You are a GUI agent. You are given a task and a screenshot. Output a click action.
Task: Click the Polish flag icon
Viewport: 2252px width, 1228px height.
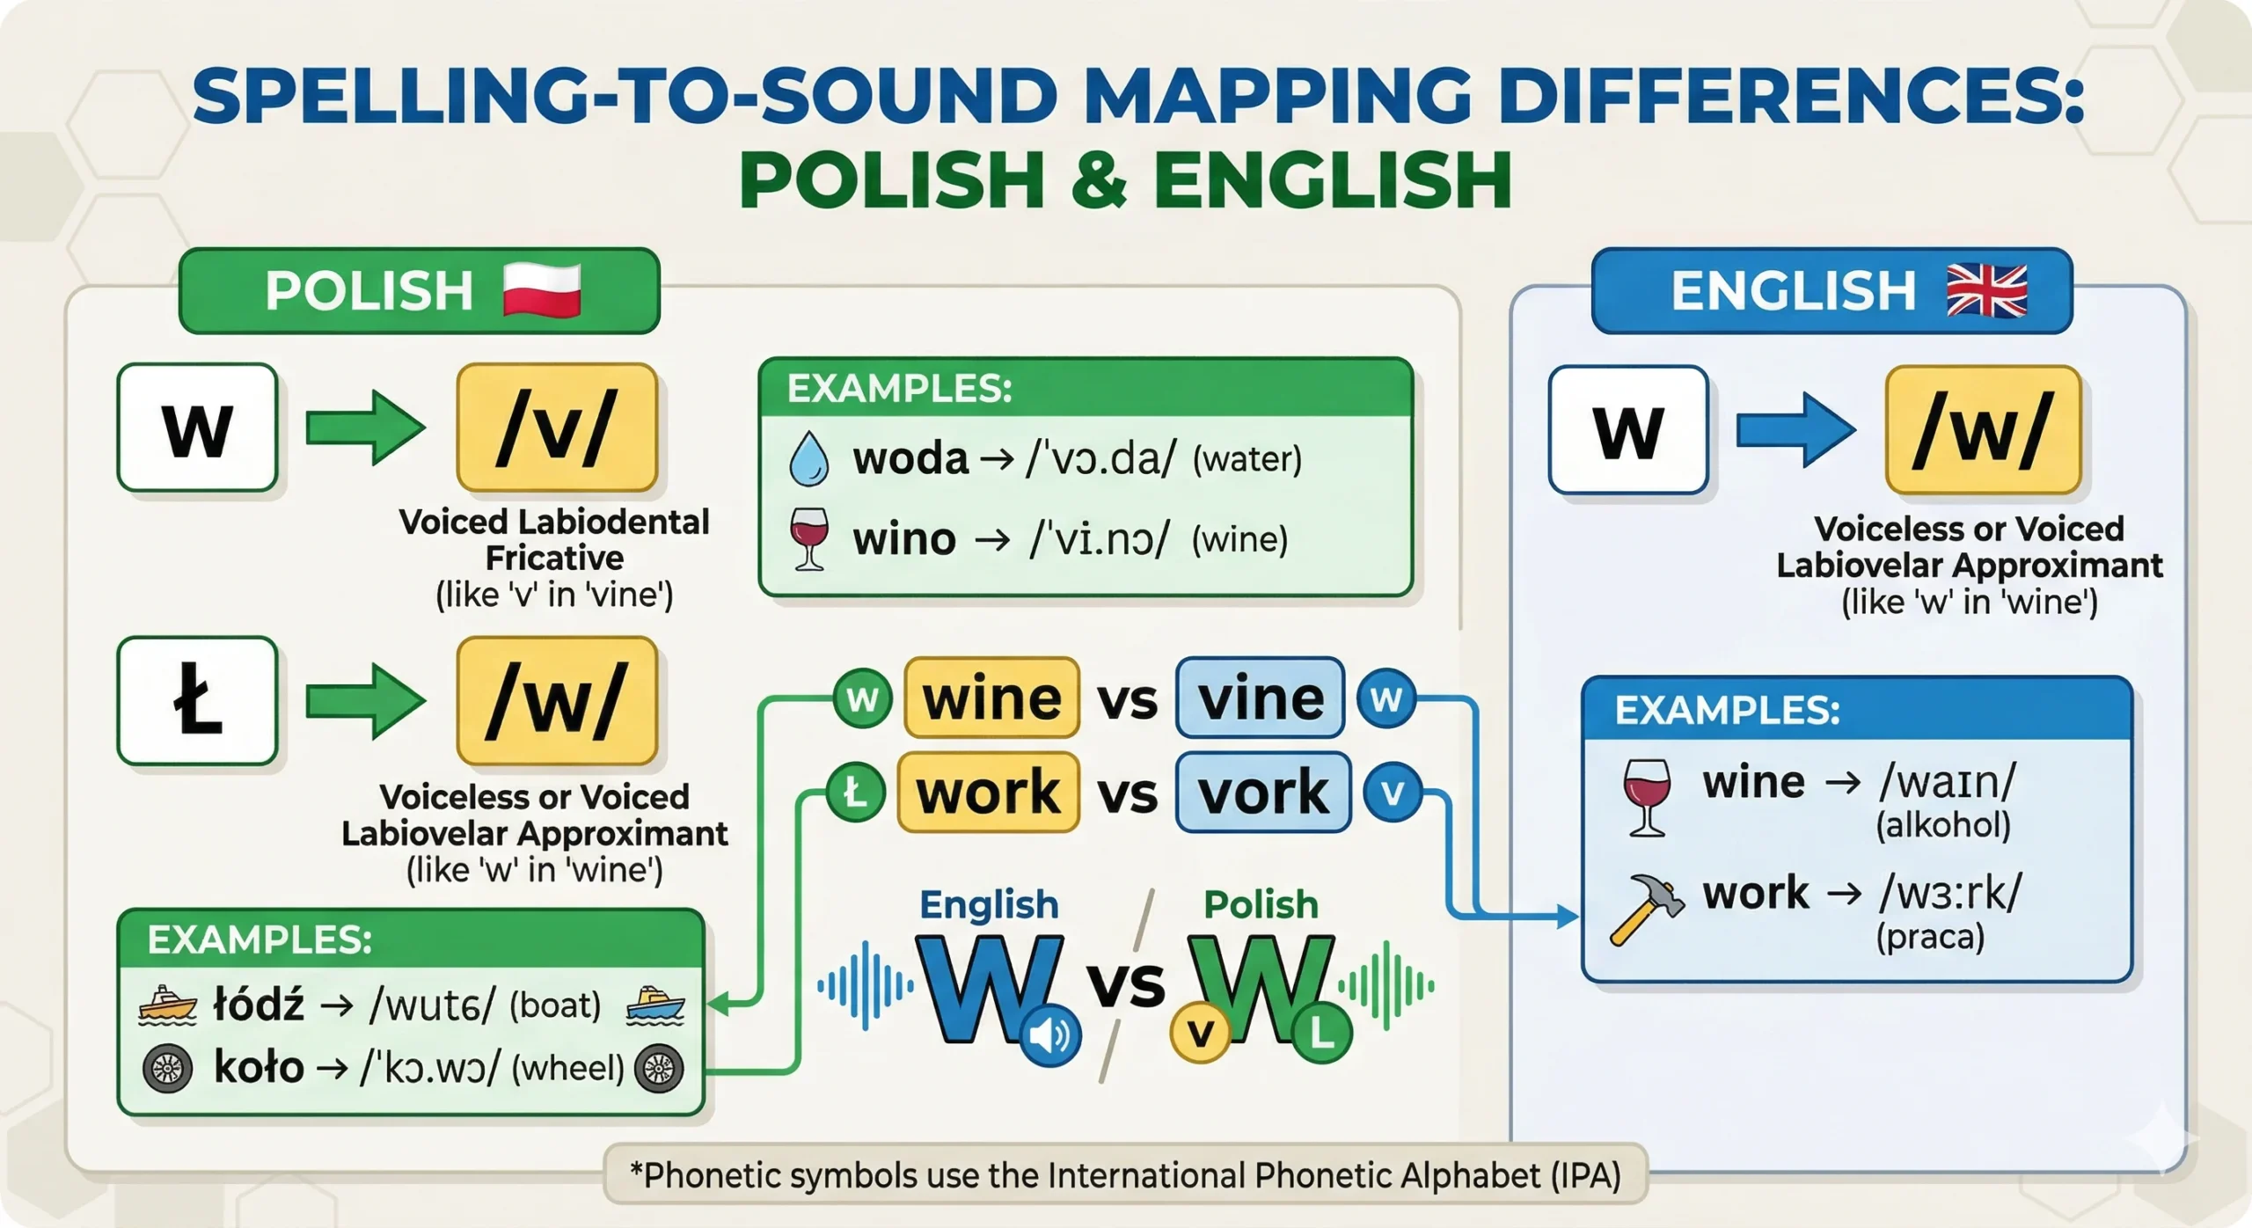542,290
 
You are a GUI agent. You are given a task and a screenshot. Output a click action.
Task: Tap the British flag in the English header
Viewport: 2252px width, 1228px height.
1987,290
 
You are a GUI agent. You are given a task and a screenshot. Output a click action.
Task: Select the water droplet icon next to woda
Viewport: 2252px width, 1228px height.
808,459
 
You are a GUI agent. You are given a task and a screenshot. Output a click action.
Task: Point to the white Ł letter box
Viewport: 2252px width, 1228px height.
198,701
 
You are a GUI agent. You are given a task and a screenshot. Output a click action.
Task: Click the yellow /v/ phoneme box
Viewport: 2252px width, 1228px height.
557,428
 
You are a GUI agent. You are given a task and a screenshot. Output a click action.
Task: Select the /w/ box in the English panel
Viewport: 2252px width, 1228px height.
1983,430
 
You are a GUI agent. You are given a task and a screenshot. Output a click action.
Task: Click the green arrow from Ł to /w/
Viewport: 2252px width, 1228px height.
366,701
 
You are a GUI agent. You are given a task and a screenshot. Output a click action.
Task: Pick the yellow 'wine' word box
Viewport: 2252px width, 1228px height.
991,698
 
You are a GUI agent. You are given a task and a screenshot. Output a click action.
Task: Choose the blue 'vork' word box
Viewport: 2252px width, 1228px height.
1262,792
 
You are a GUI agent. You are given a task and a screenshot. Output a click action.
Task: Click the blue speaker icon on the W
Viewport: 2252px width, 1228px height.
1049,1035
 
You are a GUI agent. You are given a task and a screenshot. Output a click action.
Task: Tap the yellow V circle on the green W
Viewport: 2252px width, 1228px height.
1201,1033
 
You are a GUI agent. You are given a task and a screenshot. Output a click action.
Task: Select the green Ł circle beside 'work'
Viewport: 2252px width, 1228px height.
855,793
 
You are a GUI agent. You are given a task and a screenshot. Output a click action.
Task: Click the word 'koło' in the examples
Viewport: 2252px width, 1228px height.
259,1067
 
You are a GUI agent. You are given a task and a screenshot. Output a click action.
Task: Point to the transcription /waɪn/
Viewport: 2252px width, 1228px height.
1947,780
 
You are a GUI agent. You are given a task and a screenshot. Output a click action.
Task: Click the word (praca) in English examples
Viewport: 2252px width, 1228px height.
1930,936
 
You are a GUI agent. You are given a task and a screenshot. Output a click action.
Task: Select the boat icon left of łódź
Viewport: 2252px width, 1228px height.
167,1005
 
